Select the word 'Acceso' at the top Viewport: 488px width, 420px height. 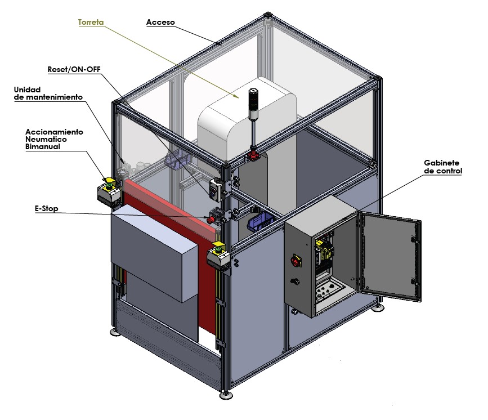coord(160,23)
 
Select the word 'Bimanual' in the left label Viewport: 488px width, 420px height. coord(43,146)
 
